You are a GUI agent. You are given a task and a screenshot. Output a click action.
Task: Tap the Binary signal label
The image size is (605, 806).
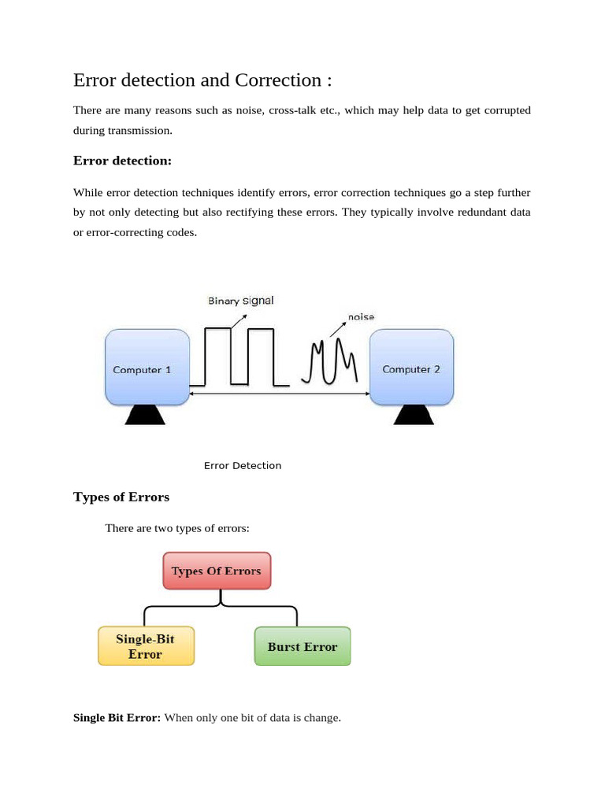point(240,301)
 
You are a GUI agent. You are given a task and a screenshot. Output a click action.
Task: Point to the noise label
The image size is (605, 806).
point(361,317)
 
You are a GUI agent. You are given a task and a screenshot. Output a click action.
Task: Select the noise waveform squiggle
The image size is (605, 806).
point(330,362)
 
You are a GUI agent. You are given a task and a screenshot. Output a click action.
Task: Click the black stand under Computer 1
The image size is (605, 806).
point(145,415)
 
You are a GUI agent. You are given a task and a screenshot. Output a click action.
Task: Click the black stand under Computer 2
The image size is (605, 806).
point(413,415)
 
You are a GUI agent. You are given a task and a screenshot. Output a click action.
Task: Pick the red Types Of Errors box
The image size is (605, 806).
point(217,571)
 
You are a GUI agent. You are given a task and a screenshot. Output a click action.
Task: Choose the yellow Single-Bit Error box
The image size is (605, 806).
point(146,646)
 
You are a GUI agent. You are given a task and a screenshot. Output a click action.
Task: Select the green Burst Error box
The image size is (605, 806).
point(302,646)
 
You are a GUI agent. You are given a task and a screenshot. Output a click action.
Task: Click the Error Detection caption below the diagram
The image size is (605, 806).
point(243,465)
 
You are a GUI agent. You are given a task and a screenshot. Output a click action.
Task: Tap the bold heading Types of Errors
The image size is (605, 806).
point(121,497)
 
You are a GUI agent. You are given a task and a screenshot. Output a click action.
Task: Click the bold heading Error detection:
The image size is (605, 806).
point(122,161)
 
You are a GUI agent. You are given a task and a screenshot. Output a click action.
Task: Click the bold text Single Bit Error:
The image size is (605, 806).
point(117,717)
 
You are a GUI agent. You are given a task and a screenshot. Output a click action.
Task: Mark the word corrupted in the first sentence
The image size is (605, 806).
point(506,110)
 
